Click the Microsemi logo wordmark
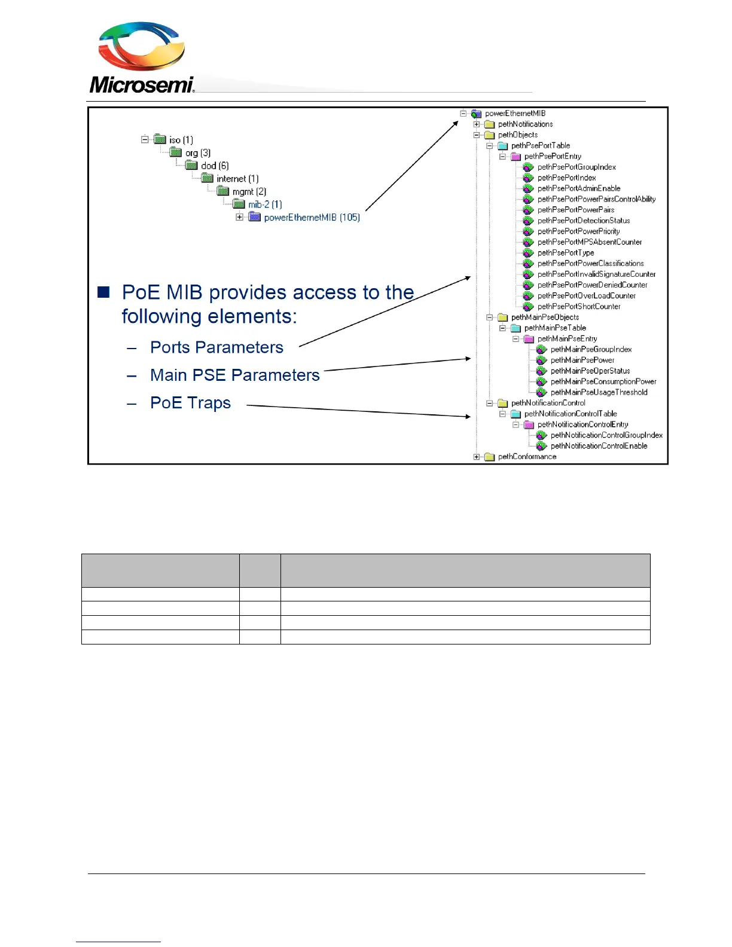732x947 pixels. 142,85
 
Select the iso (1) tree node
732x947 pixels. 181,140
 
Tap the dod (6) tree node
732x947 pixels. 215,166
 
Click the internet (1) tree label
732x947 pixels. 237,179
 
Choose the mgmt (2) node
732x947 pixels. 249,192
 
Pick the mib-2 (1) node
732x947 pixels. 265,204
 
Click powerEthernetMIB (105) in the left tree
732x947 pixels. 312,218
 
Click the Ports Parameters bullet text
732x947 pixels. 216,347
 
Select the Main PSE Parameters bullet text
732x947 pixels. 235,375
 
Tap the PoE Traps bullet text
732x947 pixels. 190,402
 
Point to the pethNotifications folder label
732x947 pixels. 525,124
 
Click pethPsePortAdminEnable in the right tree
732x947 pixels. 578,188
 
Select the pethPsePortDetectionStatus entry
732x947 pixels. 583,221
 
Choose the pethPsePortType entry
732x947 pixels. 565,253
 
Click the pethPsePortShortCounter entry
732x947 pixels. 578,307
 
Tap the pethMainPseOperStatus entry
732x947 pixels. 590,371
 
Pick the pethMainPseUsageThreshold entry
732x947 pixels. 599,392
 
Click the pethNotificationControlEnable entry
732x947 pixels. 599,446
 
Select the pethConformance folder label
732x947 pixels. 527,457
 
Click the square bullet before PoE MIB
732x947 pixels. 104,292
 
